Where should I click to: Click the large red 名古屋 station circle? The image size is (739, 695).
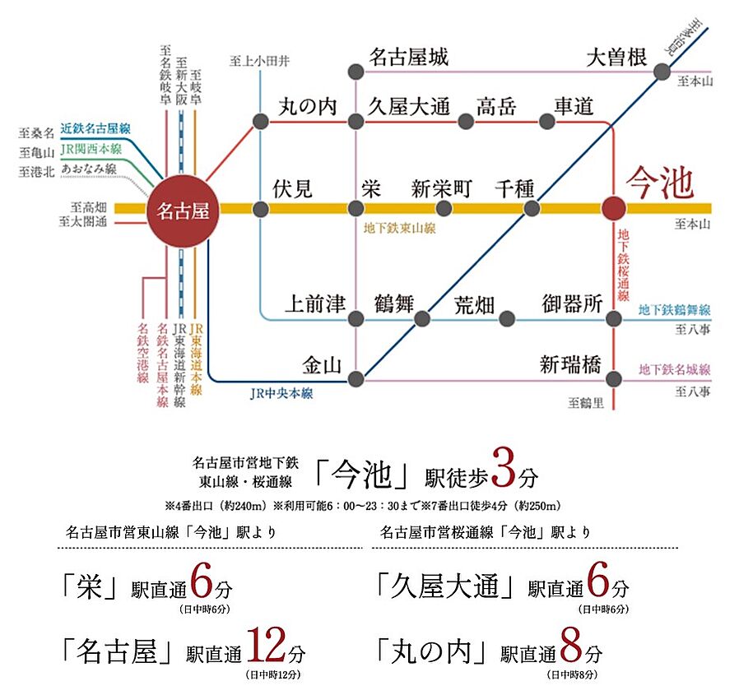pyautogui.click(x=178, y=209)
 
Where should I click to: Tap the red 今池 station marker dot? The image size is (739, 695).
pyautogui.click(x=613, y=209)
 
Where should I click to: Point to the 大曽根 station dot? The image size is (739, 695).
pyautogui.click(x=663, y=72)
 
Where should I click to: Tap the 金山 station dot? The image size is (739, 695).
pyautogui.click(x=356, y=379)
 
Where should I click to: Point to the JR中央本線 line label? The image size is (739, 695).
pyautogui.click(x=281, y=394)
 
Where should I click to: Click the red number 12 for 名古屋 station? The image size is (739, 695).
pyautogui.click(x=266, y=649)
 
